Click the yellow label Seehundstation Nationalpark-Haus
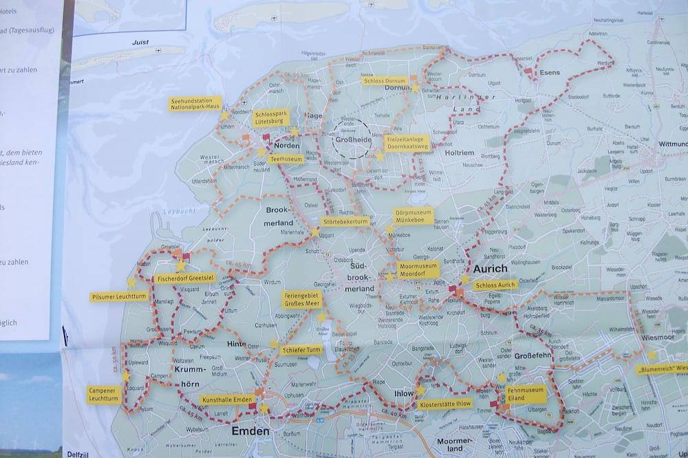[x=195, y=104]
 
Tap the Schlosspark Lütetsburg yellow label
[x=270, y=118]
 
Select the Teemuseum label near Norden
[x=286, y=159]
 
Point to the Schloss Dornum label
[x=385, y=80]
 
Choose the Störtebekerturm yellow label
[x=345, y=222]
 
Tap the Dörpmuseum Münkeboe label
[x=413, y=216]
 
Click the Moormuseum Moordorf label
[x=418, y=269]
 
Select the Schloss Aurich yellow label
[x=495, y=285]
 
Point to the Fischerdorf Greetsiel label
[x=185, y=279]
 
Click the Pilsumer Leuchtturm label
[x=119, y=297]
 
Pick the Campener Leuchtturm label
[x=104, y=395]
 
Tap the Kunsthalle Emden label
[x=227, y=400]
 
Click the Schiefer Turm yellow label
[x=301, y=349]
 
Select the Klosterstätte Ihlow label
[x=445, y=404]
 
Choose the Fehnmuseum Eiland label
[x=526, y=393]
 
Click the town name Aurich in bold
[x=491, y=269]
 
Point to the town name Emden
[x=250, y=431]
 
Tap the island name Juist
[x=140, y=42]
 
